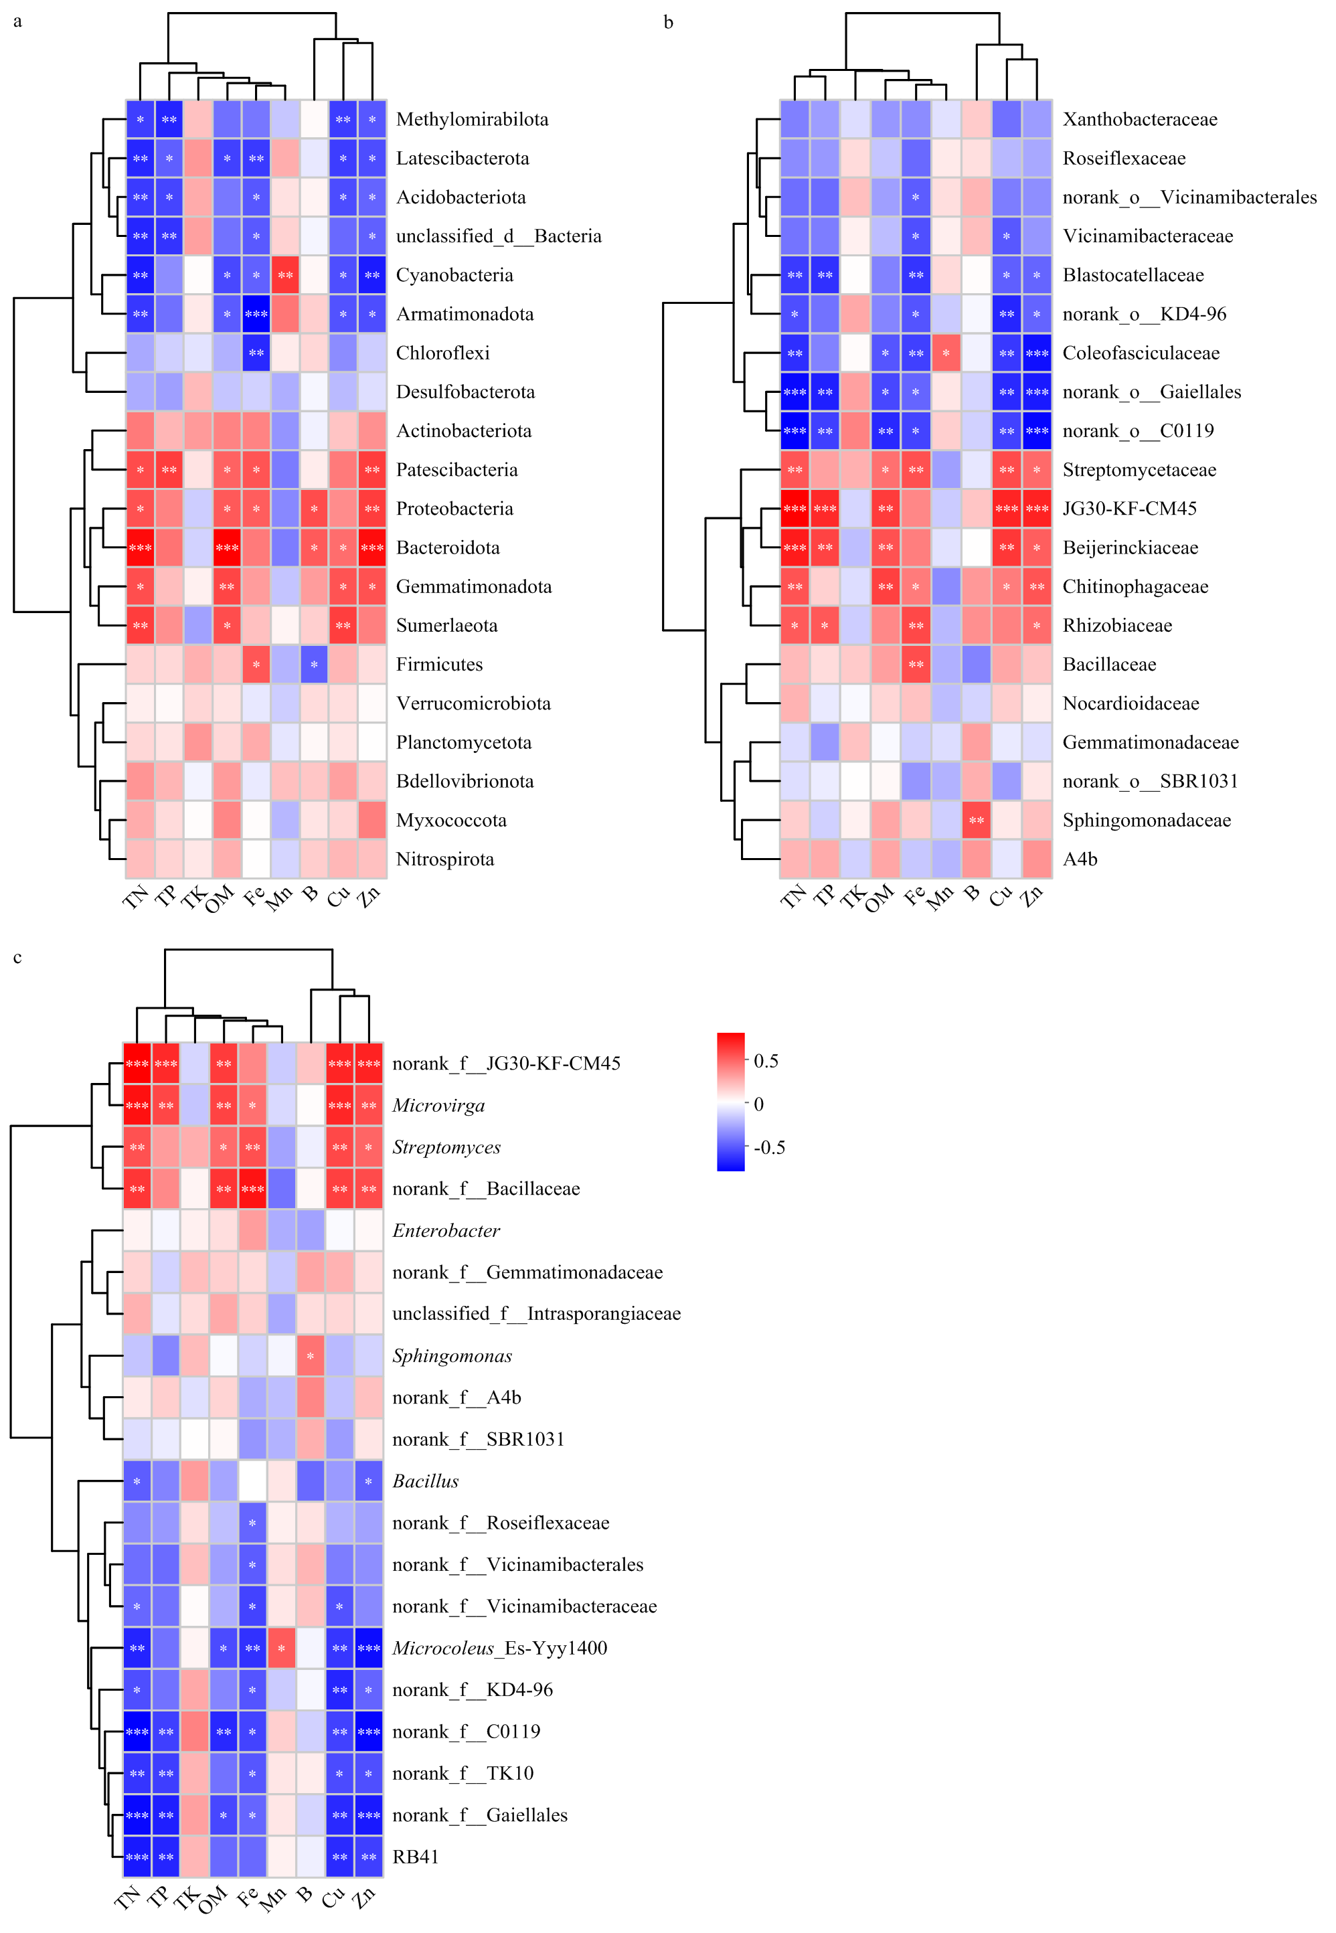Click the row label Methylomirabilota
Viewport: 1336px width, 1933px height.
click(471, 119)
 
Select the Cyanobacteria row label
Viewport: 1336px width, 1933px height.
click(454, 274)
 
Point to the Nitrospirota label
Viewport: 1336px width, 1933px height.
click(444, 859)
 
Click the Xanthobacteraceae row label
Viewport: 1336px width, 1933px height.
click(1139, 119)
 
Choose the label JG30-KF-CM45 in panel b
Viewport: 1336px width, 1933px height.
click(1129, 508)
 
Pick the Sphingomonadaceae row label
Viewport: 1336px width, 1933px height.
click(1146, 819)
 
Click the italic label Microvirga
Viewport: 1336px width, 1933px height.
click(438, 1105)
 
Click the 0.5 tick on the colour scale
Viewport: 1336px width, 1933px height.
click(766, 1061)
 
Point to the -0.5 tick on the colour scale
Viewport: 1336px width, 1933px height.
click(769, 1147)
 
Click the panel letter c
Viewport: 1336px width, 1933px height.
click(17, 957)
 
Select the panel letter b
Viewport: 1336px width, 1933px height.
click(668, 22)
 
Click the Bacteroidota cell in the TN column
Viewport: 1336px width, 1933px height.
click(140, 548)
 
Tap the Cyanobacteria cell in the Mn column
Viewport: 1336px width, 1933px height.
click(284, 274)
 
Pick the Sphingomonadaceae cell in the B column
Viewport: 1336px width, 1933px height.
click(976, 819)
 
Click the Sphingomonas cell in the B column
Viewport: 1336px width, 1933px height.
click(311, 1355)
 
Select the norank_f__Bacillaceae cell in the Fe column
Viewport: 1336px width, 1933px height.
click(252, 1189)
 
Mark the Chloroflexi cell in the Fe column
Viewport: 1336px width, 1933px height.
click(256, 353)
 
